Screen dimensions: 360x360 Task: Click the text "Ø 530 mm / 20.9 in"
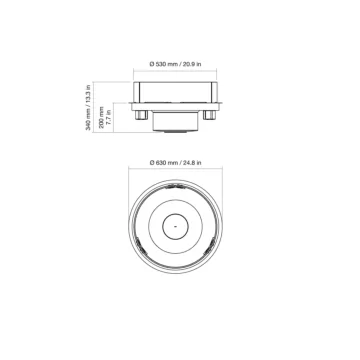click(x=180, y=62)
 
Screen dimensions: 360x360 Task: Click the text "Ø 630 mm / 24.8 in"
click(x=180, y=162)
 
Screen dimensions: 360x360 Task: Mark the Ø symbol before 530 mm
click(x=151, y=62)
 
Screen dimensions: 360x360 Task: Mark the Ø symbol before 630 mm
click(x=151, y=162)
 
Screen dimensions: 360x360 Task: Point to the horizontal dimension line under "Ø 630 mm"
click(x=180, y=170)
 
